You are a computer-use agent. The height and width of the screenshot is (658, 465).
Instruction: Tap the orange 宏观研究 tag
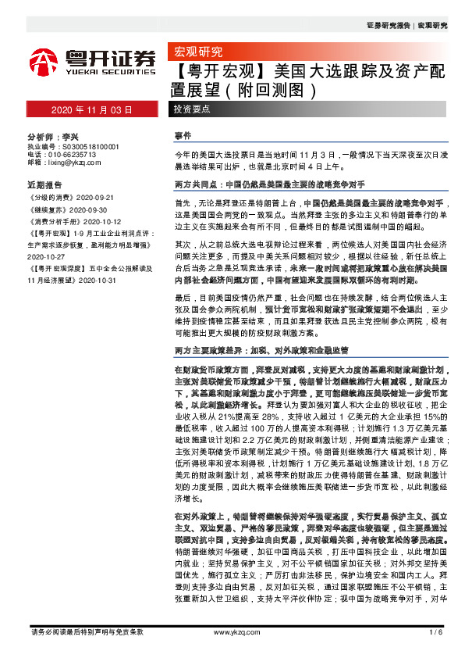[x=196, y=53]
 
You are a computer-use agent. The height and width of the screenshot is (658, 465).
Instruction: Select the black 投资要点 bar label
[x=192, y=109]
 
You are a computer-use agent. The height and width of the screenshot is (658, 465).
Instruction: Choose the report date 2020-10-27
[x=47, y=255]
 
